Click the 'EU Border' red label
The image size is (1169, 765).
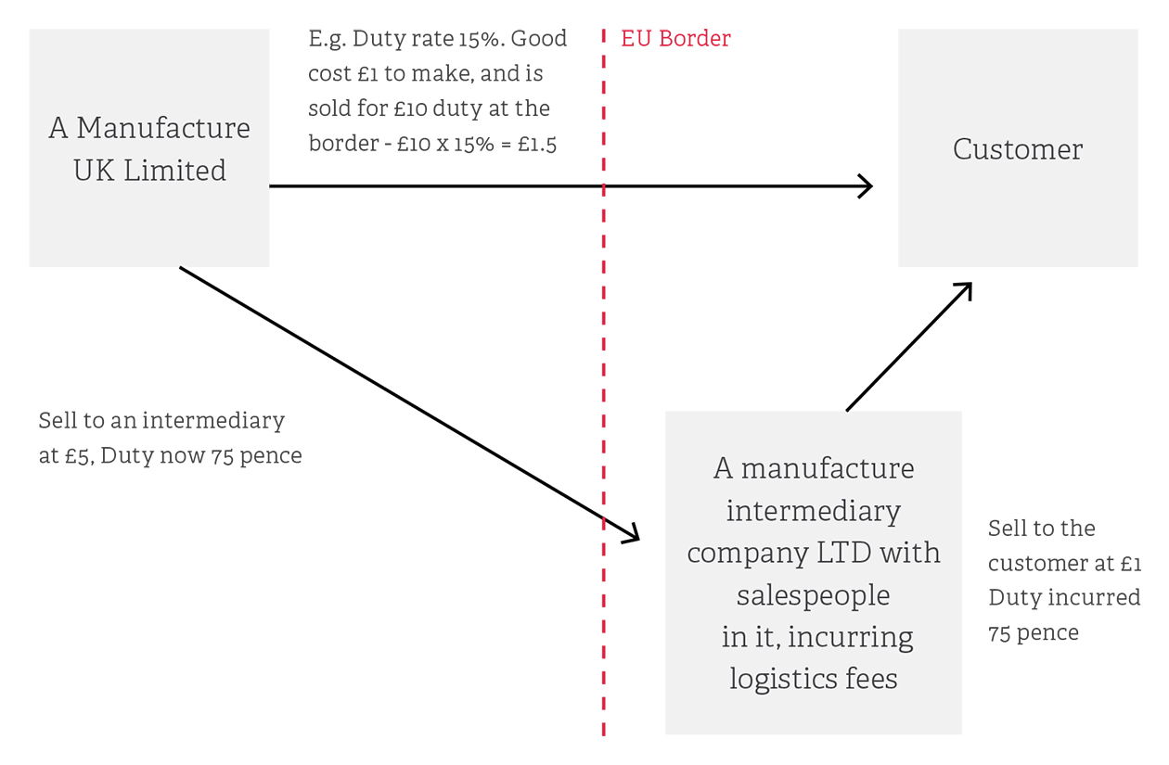point(675,39)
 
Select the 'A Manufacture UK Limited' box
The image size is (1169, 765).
point(149,148)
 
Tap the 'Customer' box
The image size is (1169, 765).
point(1018,148)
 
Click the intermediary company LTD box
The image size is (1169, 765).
point(814,573)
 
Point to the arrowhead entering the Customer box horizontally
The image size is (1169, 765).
point(867,186)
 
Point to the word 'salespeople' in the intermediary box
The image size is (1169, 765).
point(814,594)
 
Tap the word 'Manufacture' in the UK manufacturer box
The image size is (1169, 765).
point(163,128)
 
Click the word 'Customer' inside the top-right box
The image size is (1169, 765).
point(1018,149)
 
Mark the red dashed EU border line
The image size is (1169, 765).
point(604,371)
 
